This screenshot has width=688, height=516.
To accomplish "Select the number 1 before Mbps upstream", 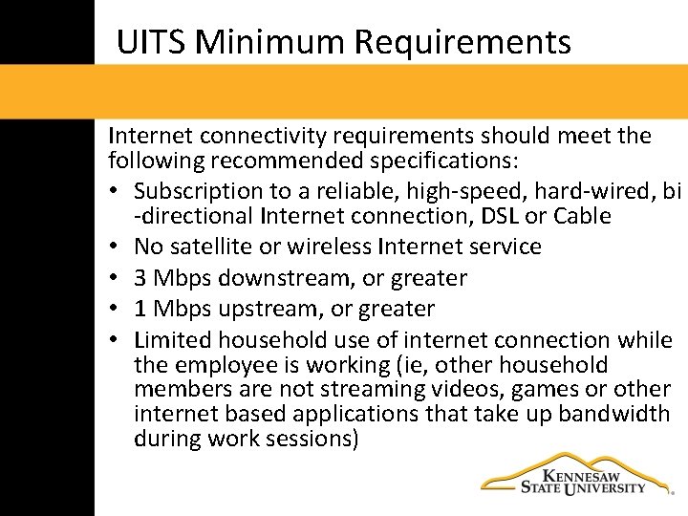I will [140, 310].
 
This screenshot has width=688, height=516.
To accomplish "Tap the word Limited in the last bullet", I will [173, 340].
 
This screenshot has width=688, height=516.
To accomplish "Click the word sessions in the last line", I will [305, 440].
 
